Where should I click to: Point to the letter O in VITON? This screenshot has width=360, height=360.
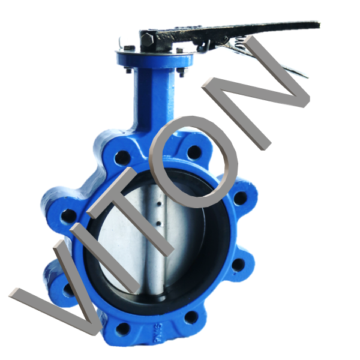(193, 162)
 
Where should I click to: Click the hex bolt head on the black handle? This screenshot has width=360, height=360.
(147, 40)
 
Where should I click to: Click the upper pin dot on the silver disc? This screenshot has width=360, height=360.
(158, 203)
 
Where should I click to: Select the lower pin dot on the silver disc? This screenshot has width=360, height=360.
(158, 223)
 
